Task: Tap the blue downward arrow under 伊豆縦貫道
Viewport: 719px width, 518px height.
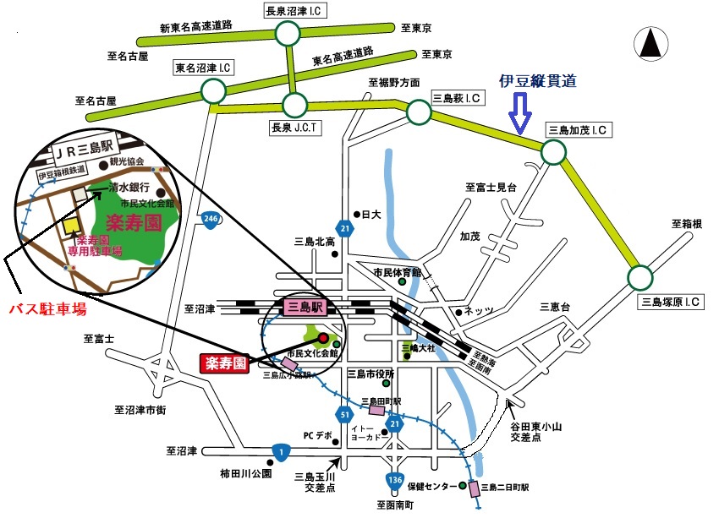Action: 519,112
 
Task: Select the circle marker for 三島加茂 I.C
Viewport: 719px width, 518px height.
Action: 552,152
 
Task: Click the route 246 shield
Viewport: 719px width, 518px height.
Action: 210,220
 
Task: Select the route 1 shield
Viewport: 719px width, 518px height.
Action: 279,451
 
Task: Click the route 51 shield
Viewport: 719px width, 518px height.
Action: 343,414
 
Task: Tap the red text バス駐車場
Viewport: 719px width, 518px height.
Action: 47,310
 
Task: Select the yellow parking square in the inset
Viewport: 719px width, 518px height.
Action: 71,226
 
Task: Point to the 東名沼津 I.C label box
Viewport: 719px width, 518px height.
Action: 203,67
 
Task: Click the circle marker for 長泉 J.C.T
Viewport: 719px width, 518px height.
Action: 295,105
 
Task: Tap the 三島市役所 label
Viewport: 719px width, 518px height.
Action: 377,374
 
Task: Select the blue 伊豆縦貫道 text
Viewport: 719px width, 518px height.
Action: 539,81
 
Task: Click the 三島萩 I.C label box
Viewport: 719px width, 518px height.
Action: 457,98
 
